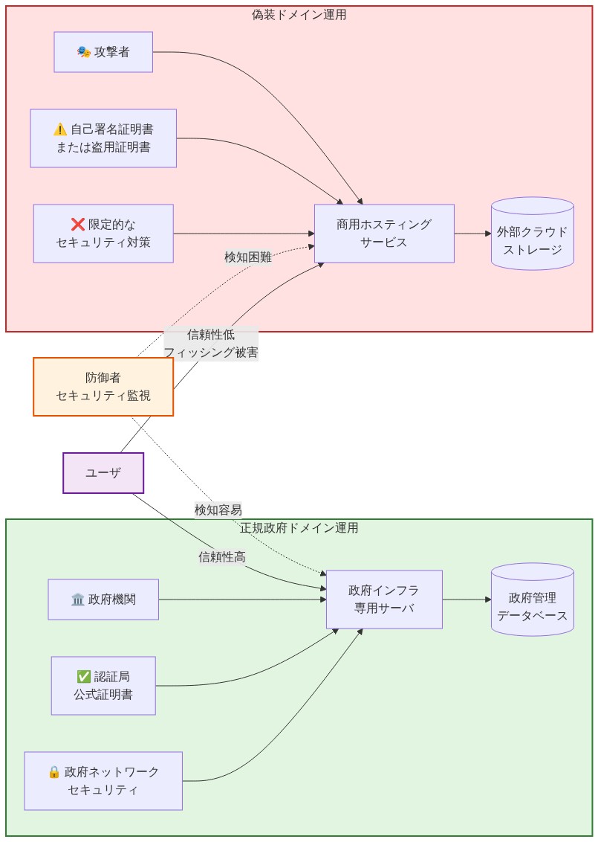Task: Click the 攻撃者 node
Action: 103,52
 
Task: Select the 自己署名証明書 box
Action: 103,138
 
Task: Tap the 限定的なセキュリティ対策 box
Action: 103,234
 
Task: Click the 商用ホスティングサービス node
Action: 384,234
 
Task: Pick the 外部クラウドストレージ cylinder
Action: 532,234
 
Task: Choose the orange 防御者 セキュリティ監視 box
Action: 103,387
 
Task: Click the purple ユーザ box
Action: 103,473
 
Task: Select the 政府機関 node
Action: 103,600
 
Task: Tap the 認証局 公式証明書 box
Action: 103,686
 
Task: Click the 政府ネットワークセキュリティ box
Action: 103,781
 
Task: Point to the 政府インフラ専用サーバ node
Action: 384,600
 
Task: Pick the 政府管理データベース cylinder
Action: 532,600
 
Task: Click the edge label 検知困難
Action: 248,257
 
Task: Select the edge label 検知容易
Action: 218,510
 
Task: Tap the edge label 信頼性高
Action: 221,556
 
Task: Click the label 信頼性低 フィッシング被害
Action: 211,344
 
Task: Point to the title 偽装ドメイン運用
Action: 299,15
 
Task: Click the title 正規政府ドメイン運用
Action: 299,528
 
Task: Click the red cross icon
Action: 77,225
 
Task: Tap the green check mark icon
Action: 83,677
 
